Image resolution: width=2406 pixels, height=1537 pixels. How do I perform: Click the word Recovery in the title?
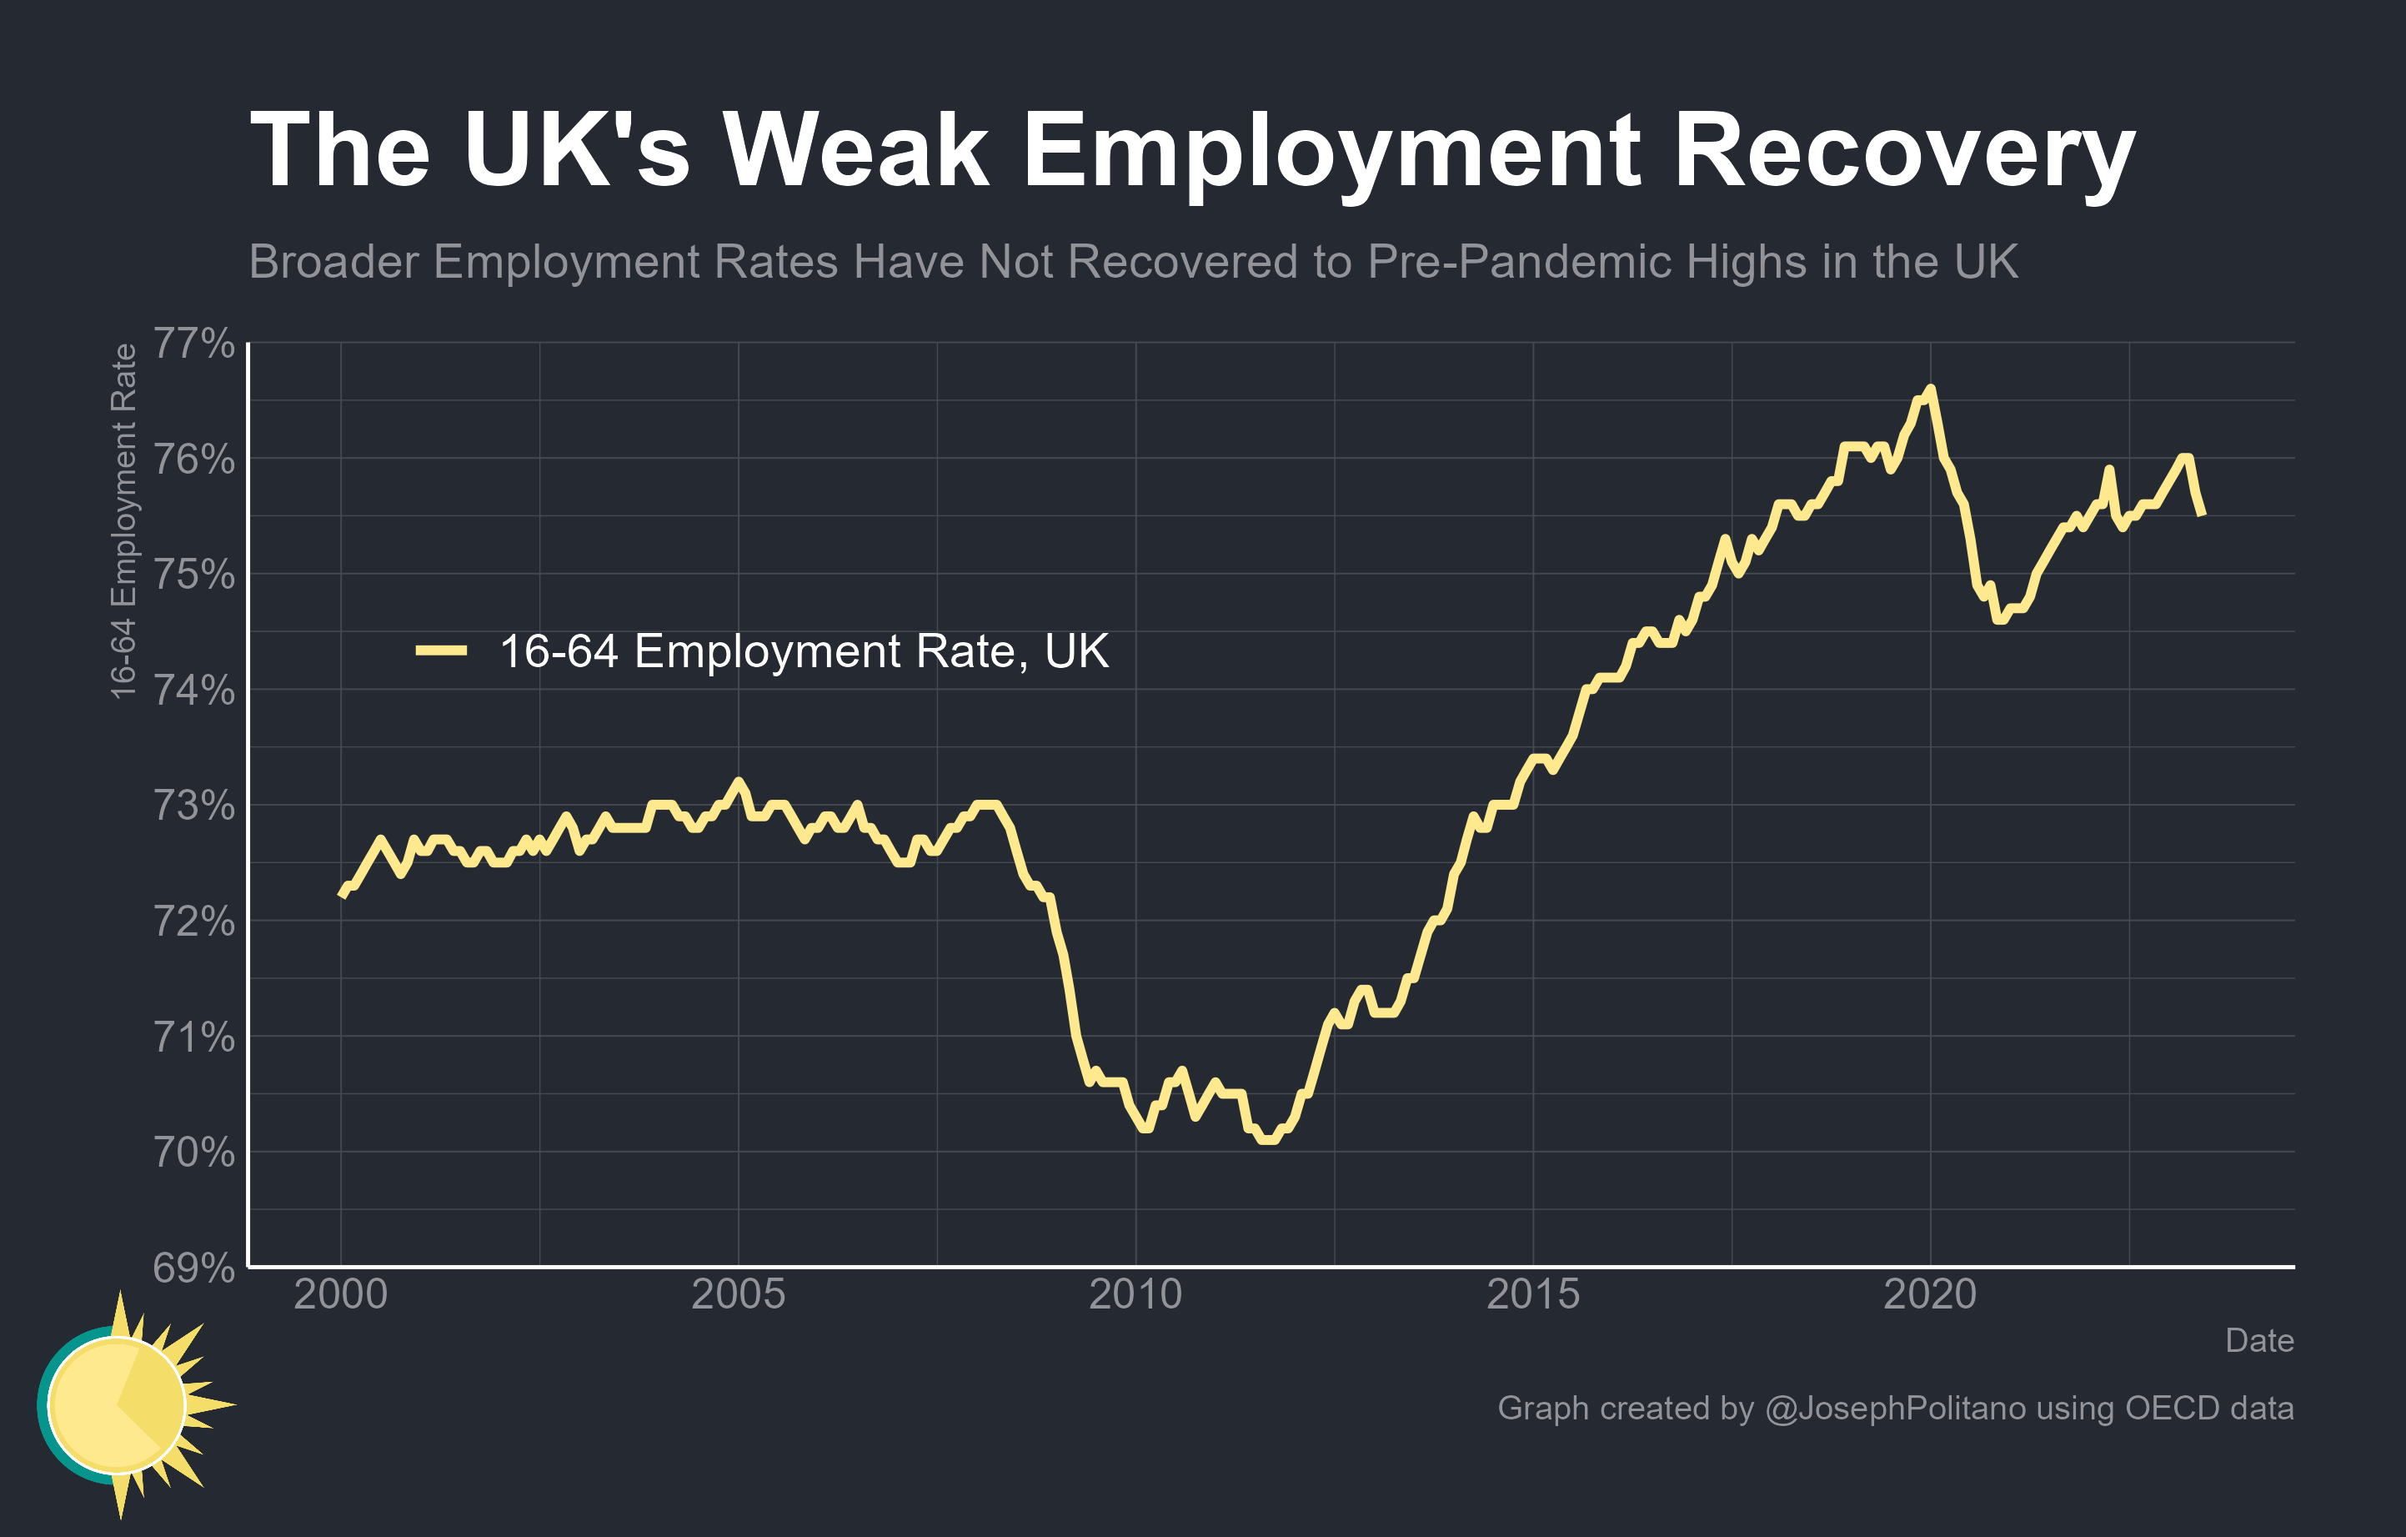click(x=1903, y=150)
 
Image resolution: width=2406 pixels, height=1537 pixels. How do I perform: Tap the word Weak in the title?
click(x=856, y=150)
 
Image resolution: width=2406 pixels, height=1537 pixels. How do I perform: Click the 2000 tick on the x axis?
click(x=341, y=1295)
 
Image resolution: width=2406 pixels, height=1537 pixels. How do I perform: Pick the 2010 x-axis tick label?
click(x=1135, y=1295)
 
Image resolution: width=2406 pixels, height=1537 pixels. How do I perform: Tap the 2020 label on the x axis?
click(x=1929, y=1295)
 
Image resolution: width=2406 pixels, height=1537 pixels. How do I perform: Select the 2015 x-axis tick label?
click(x=1533, y=1295)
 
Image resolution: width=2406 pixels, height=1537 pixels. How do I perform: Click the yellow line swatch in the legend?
click(x=441, y=651)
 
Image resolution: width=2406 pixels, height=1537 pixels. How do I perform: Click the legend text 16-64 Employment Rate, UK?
click(x=804, y=651)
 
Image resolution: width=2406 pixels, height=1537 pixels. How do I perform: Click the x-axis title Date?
click(x=2259, y=1340)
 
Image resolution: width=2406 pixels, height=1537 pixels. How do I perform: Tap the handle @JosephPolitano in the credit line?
click(x=1896, y=1408)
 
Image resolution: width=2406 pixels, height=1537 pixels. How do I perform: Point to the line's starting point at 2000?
click(x=342, y=897)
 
